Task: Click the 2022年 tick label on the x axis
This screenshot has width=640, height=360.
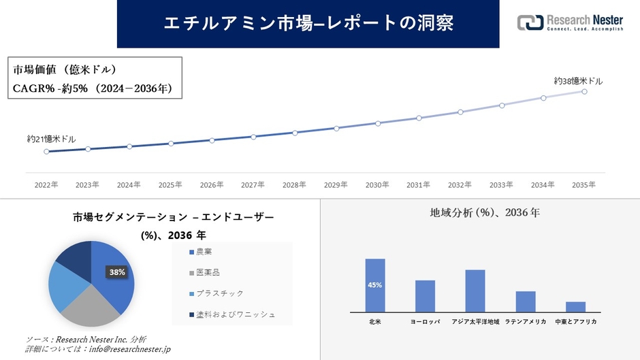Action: click(46, 184)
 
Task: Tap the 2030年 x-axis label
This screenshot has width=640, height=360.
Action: click(377, 184)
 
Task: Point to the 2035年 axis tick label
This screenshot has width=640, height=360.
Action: click(583, 184)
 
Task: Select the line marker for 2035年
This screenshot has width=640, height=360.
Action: click(584, 91)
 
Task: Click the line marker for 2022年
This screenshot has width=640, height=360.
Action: click(46, 152)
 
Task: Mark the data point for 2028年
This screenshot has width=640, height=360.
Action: click(295, 133)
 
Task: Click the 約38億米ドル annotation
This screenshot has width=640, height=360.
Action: click(578, 81)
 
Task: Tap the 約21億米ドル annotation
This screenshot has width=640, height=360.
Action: click(52, 139)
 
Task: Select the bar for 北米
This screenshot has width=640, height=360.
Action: click(375, 285)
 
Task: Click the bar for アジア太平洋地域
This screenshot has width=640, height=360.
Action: click(475, 291)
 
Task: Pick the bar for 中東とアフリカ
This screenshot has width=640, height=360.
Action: click(575, 306)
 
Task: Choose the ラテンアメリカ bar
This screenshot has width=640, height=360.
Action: click(526, 301)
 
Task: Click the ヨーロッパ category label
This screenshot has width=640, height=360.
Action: click(425, 321)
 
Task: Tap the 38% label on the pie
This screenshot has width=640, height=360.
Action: click(117, 272)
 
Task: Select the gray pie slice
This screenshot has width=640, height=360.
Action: click(89, 305)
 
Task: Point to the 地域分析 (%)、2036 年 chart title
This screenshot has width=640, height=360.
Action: click(485, 213)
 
